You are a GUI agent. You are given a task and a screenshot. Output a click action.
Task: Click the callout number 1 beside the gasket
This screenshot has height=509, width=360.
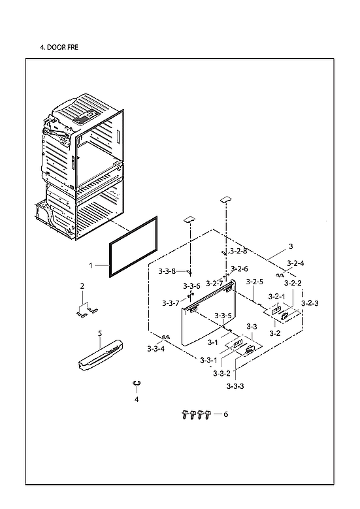pos(91,266)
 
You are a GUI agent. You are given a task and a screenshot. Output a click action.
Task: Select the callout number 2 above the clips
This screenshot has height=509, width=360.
pos(82,286)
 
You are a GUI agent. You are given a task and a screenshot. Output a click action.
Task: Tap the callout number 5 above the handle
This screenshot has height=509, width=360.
pos(100,333)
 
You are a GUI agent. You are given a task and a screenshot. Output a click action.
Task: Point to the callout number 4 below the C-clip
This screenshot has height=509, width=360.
pos(137,398)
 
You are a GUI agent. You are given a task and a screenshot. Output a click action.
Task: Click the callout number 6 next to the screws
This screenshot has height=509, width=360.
pos(225,414)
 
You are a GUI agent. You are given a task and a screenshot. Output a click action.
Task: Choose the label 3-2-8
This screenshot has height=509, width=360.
pos(238,251)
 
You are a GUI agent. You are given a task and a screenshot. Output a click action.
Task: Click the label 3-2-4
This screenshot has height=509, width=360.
pos(295,263)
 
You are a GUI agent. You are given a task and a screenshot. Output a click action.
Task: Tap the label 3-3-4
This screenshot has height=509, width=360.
pos(155,349)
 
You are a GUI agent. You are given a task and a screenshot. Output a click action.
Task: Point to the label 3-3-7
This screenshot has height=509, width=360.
pos(171,303)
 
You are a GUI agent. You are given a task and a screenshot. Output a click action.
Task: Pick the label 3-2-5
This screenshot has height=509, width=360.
pos(255,282)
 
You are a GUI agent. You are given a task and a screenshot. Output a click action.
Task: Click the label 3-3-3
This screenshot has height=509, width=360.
pos(235,386)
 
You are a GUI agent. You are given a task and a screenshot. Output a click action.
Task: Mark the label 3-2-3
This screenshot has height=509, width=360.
pos(310,303)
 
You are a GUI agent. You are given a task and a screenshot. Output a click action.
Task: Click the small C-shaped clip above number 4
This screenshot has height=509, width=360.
pos(137,383)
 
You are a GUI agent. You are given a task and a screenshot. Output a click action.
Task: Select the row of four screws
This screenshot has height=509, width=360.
pos(195,414)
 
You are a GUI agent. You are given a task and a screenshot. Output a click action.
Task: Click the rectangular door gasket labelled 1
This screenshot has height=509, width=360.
pos(134,248)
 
